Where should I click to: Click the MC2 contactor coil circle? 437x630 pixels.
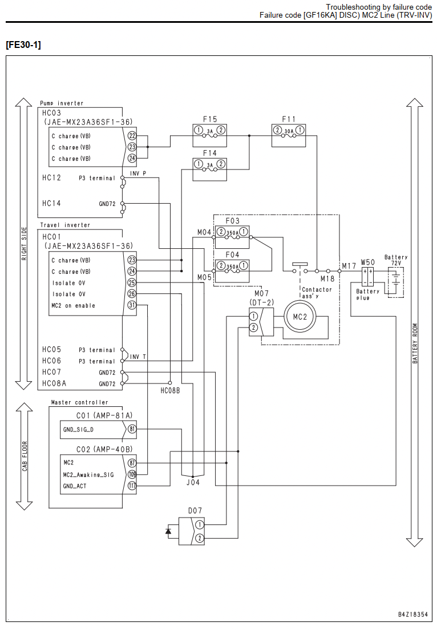point(300,317)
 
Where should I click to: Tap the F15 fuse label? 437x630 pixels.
point(210,119)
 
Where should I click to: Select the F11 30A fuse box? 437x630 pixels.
point(289,135)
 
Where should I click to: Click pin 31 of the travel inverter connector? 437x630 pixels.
point(132,305)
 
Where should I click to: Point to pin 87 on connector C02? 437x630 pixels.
point(132,463)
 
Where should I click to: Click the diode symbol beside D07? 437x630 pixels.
point(168,531)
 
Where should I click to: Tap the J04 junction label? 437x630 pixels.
point(193,482)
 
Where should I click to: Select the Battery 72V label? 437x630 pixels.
point(396,260)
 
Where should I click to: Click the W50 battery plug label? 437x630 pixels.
point(367,262)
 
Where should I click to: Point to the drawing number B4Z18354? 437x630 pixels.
point(413,615)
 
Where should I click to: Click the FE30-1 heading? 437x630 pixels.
point(23,45)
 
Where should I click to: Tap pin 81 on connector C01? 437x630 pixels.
point(132,429)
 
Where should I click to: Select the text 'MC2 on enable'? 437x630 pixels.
point(74,305)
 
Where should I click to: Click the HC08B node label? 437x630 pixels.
point(170,390)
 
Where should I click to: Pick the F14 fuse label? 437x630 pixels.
point(210,153)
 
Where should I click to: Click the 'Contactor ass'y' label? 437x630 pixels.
point(317,293)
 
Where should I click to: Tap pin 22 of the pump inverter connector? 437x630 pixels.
point(132,136)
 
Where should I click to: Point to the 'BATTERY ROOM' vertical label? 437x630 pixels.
point(415,344)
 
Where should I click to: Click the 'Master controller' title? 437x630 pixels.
point(79,402)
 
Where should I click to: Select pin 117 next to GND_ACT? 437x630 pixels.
point(132,486)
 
